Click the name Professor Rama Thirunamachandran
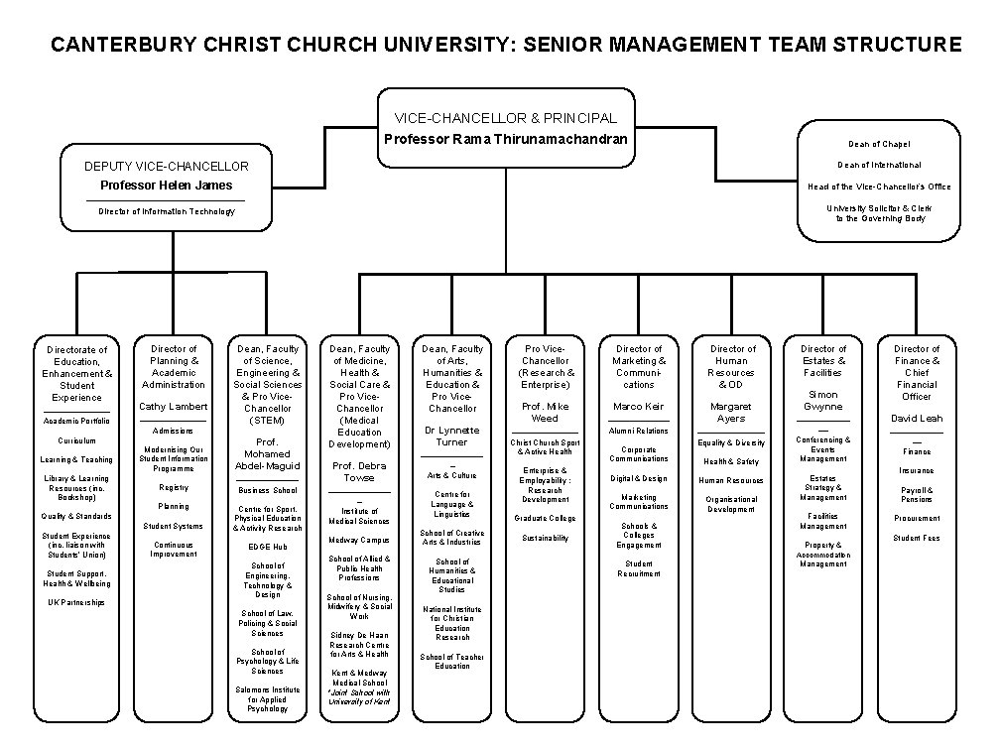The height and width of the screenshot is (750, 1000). pyautogui.click(x=506, y=139)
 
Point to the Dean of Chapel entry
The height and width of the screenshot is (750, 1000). pyautogui.click(x=879, y=145)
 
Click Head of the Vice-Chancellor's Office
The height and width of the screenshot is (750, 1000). pyautogui.click(x=879, y=187)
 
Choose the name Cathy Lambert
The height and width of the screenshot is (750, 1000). pyautogui.click(x=173, y=407)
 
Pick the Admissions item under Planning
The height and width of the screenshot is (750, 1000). pyautogui.click(x=173, y=432)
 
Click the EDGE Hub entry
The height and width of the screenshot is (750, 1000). pyautogui.click(x=267, y=547)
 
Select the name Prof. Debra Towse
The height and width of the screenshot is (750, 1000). pyautogui.click(x=359, y=471)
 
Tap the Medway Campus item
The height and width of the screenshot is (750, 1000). pyautogui.click(x=359, y=541)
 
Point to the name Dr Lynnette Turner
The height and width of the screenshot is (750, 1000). pyautogui.click(x=451, y=437)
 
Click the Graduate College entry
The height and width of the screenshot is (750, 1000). pyautogui.click(x=545, y=518)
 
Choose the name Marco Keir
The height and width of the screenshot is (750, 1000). pyautogui.click(x=638, y=407)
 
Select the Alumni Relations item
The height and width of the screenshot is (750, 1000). pyautogui.click(x=638, y=432)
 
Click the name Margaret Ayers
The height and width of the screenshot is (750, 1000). pyautogui.click(x=731, y=413)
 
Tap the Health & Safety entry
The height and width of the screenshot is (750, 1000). pyautogui.click(x=731, y=462)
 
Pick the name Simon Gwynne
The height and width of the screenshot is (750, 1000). pyautogui.click(x=823, y=401)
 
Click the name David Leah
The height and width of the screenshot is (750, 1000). pyautogui.click(x=917, y=419)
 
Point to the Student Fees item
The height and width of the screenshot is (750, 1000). pyautogui.click(x=917, y=539)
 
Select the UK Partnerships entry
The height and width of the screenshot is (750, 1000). pyautogui.click(x=76, y=602)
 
